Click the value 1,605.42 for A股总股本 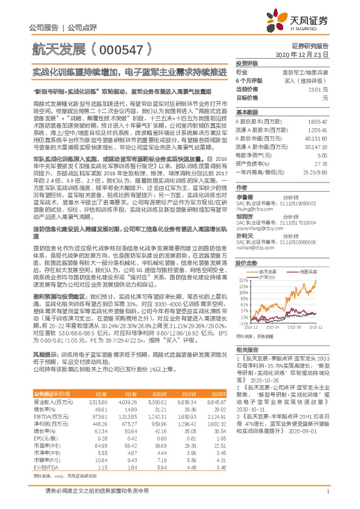pyautogui.click(x=318, y=122)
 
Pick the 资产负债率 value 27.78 pyautogui.click(x=321, y=163)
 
